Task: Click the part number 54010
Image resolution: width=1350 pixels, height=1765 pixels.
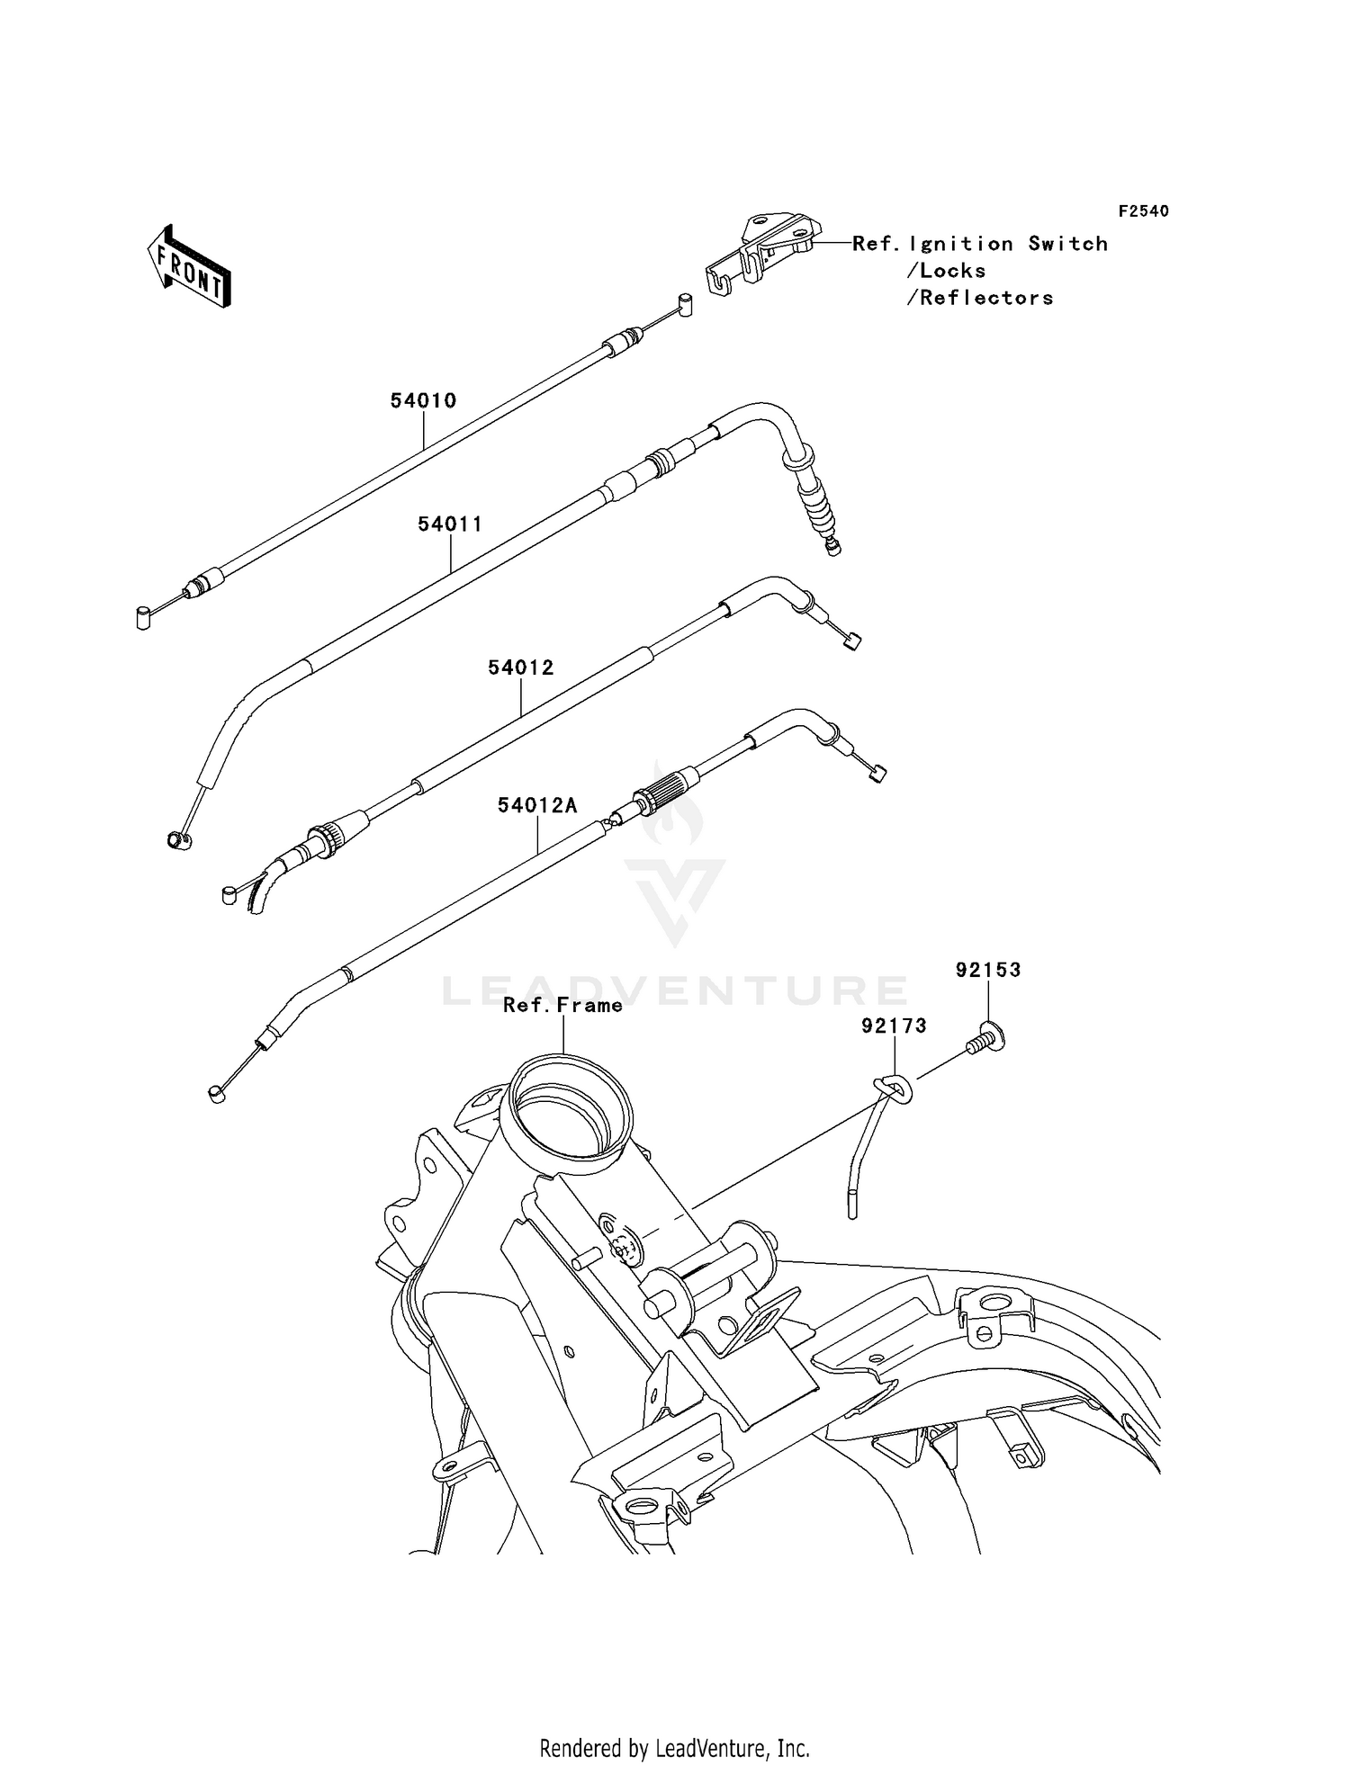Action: (x=423, y=400)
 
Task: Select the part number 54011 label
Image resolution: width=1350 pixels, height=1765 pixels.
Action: (x=450, y=524)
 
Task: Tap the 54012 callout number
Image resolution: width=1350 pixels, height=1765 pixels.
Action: (x=521, y=667)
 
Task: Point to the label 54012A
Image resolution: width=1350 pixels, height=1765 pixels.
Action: (x=537, y=805)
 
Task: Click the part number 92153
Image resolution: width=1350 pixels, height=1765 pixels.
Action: (x=988, y=970)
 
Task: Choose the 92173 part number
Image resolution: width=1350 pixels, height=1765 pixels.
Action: (x=894, y=1026)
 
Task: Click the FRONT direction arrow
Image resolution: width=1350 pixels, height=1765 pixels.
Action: (x=188, y=267)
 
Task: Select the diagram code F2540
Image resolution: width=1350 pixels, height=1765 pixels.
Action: (x=1144, y=211)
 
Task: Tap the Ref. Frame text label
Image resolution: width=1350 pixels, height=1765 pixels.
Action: (x=562, y=1005)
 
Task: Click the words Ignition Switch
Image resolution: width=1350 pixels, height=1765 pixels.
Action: (x=1008, y=244)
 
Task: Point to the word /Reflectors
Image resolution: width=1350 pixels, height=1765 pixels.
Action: (x=979, y=298)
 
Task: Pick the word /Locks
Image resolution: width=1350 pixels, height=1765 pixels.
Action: (x=946, y=271)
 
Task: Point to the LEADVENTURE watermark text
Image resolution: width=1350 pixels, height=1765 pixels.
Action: (x=674, y=990)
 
